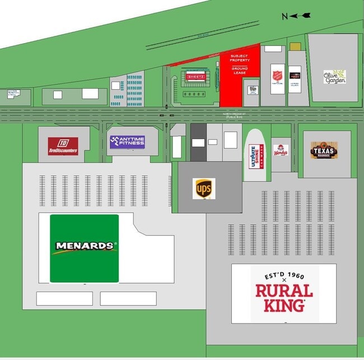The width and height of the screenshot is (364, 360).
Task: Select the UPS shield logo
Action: [203, 188]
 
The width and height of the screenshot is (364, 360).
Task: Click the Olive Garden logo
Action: [334, 77]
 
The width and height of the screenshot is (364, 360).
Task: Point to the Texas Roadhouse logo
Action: [324, 150]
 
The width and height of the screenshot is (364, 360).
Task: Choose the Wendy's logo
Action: [281, 150]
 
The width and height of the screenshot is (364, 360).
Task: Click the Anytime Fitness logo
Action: [127, 142]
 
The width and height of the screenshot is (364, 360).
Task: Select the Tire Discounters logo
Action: [63, 146]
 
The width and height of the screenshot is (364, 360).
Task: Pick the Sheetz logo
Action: [195, 76]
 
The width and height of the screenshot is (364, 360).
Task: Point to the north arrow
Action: [302, 16]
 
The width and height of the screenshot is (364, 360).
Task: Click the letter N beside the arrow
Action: [285, 16]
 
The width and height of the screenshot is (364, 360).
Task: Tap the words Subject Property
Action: [240, 58]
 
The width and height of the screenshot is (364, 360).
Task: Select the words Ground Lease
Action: [240, 71]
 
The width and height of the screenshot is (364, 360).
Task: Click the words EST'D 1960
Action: [284, 277]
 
